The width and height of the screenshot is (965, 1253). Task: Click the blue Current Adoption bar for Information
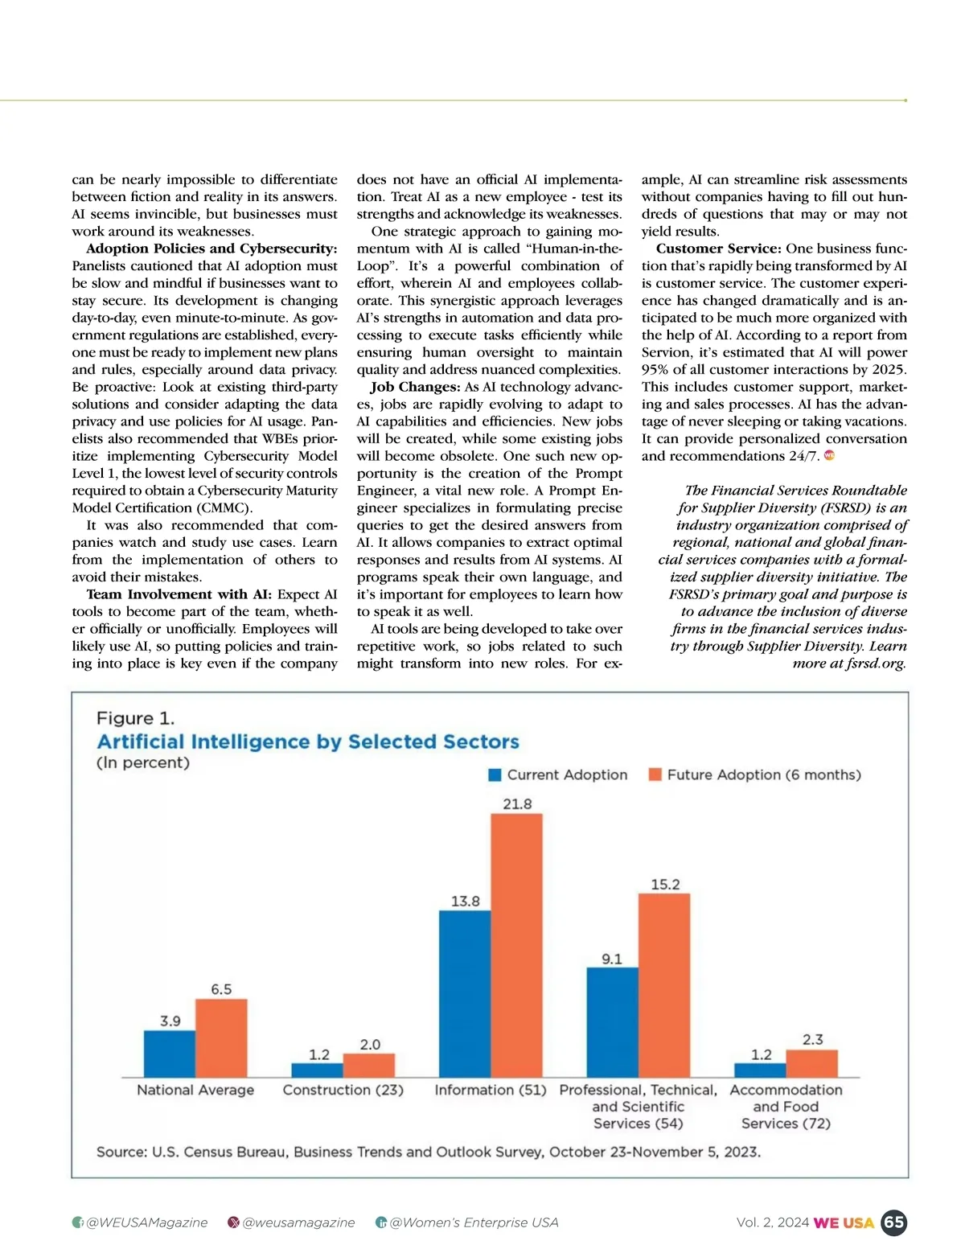pyautogui.click(x=465, y=993)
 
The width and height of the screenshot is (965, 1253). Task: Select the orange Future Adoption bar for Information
pyautogui.click(x=516, y=945)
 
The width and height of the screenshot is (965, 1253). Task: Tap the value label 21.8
pyautogui.click(x=517, y=803)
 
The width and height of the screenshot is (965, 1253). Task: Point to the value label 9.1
pyautogui.click(x=612, y=959)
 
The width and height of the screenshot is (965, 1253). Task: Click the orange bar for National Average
pyautogui.click(x=221, y=1037)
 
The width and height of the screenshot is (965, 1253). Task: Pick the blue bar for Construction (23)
pyautogui.click(x=317, y=1070)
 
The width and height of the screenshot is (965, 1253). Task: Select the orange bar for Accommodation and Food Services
pyautogui.click(x=811, y=1063)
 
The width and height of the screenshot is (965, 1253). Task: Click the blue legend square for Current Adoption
pyautogui.click(x=495, y=774)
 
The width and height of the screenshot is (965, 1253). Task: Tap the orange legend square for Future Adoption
pyautogui.click(x=655, y=774)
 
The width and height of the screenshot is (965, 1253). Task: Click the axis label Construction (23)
pyautogui.click(x=343, y=1090)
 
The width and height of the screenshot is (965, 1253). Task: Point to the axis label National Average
pyautogui.click(x=195, y=1090)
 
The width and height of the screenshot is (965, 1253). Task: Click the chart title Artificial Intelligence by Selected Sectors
pyautogui.click(x=308, y=742)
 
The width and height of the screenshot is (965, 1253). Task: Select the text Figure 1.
pyautogui.click(x=135, y=718)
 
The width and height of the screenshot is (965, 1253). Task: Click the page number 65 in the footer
pyautogui.click(x=893, y=1222)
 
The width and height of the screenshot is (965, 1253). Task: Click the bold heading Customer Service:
pyautogui.click(x=718, y=249)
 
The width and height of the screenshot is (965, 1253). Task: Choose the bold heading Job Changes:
pyautogui.click(x=415, y=387)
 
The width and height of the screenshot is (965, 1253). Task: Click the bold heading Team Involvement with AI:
pyautogui.click(x=179, y=594)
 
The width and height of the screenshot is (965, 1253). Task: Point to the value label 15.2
pyautogui.click(x=665, y=884)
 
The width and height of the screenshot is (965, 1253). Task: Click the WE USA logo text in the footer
pyautogui.click(x=844, y=1222)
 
